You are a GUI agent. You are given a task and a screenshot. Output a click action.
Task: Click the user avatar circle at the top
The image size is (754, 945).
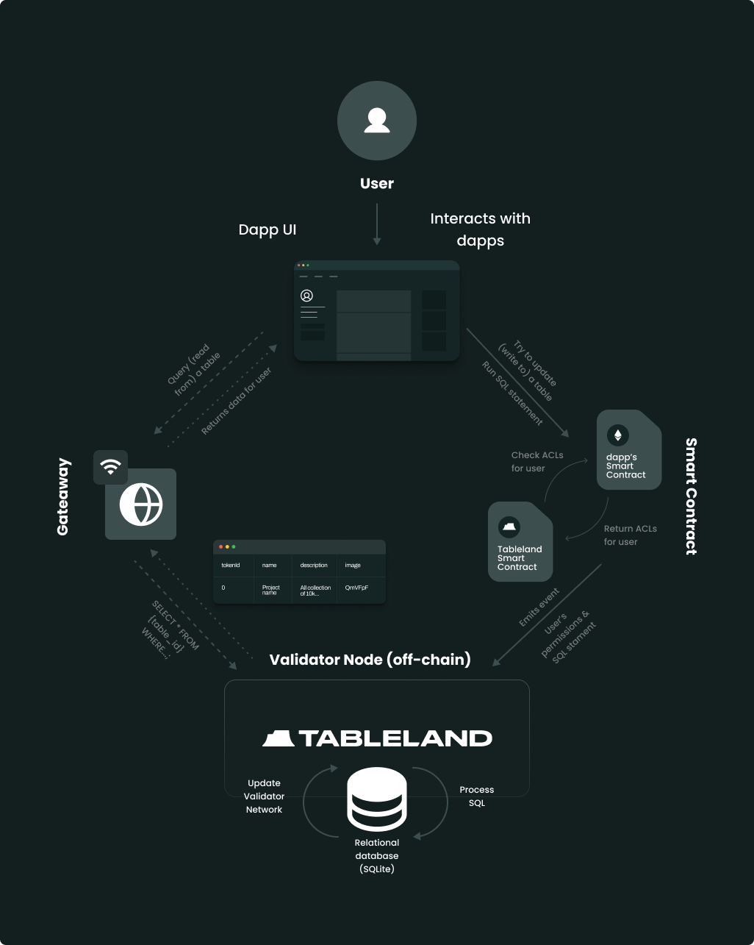point(376,121)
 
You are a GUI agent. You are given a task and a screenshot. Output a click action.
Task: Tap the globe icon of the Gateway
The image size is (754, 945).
point(141,504)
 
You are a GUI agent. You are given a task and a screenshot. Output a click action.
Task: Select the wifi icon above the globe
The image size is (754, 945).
point(110,467)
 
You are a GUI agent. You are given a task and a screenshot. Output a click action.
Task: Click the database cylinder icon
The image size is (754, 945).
point(376,799)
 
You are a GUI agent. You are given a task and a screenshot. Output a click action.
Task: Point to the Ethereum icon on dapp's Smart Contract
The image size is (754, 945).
point(617,435)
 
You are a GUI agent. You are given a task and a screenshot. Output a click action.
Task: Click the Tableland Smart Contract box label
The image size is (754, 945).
point(520,557)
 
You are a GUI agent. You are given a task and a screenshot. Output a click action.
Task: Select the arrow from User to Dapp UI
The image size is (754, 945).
point(376,224)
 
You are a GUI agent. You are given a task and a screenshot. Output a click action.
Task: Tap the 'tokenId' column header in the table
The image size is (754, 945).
point(231,565)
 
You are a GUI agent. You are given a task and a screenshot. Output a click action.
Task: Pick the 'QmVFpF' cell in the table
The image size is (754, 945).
point(356,588)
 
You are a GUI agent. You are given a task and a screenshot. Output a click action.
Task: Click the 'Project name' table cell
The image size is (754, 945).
point(270,591)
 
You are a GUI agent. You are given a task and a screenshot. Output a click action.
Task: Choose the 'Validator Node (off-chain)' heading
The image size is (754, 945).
point(370,659)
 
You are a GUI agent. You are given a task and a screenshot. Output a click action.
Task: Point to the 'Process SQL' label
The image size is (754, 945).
point(477,796)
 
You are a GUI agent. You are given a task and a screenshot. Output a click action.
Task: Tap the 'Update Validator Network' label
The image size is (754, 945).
point(264,796)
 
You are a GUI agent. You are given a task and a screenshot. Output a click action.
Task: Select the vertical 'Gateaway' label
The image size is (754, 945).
point(62,496)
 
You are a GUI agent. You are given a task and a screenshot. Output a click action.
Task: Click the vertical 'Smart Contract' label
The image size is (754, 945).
point(692,496)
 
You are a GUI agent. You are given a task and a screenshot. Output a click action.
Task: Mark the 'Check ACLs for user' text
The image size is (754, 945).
point(537,462)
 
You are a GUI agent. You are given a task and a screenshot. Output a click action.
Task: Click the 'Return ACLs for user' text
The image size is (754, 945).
point(631,535)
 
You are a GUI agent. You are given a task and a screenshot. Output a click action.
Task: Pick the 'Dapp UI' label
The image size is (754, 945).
point(268,229)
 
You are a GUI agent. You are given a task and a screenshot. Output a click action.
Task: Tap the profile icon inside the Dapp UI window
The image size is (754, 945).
point(306,296)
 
